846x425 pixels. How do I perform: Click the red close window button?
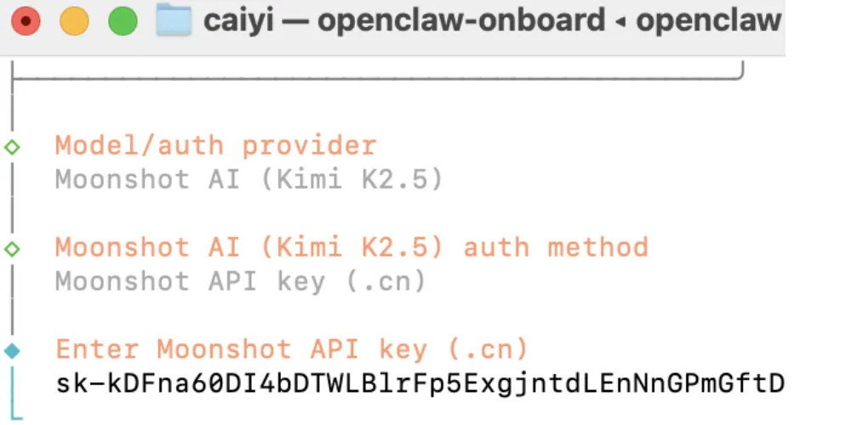click(26, 21)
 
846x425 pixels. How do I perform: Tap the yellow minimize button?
click(74, 21)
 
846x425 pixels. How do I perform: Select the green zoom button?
click(123, 21)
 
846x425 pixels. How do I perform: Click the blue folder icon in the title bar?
click(173, 21)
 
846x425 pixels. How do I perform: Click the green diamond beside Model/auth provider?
click(12, 146)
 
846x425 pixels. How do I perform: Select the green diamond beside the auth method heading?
click(12, 248)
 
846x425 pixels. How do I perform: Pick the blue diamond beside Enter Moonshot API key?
click(12, 350)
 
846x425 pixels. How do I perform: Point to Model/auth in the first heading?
click(140, 146)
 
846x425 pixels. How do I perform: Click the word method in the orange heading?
click(597, 248)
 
